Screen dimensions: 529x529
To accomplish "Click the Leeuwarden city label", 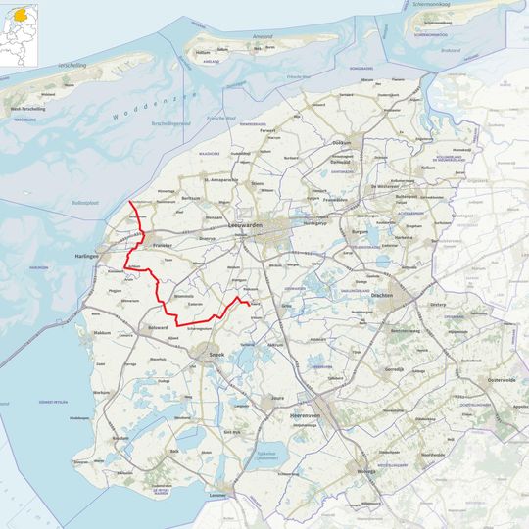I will [247, 226].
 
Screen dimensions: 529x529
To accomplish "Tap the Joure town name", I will [278, 399].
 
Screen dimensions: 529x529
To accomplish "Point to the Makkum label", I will [102, 333].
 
